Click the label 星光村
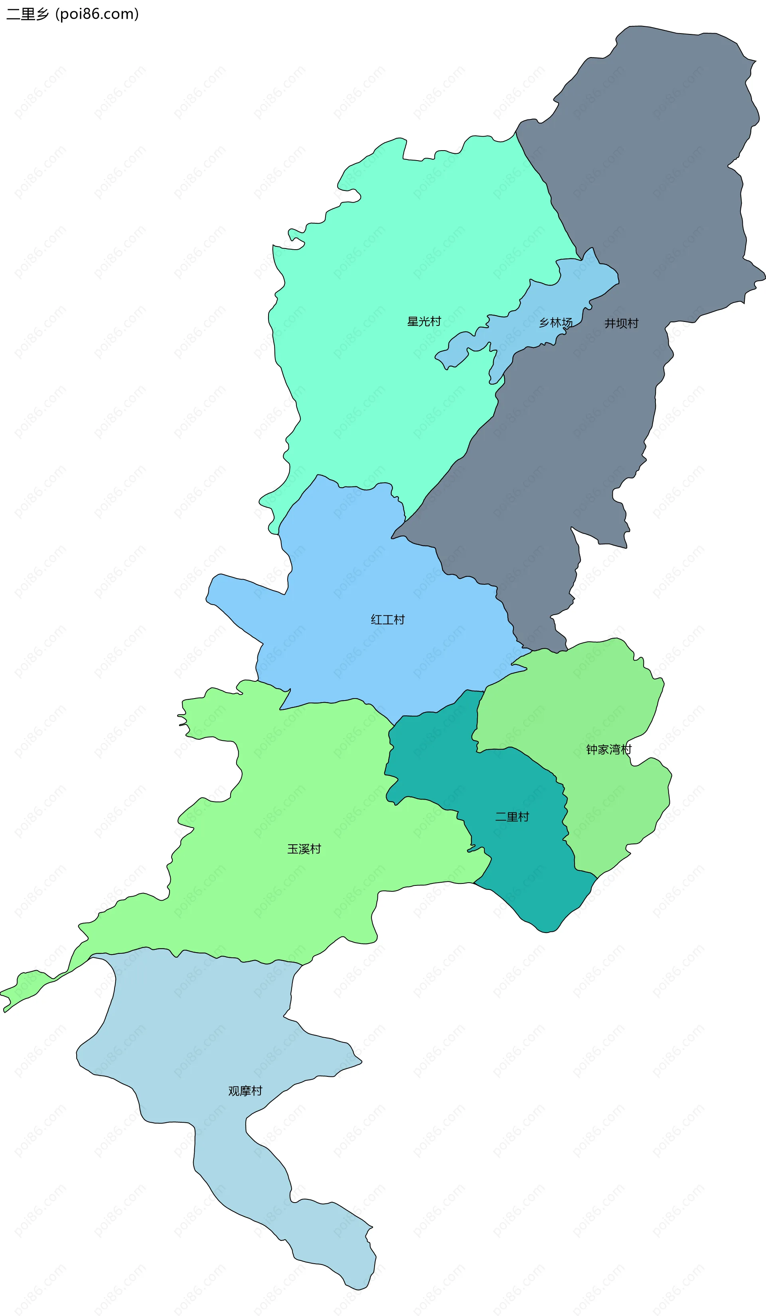click(424, 322)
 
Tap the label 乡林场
click(555, 323)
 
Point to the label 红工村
click(388, 620)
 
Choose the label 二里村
click(512, 817)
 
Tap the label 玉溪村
click(304, 849)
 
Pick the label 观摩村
click(245, 1091)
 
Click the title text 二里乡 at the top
click(27, 14)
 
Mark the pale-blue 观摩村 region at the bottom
click(209, 1044)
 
